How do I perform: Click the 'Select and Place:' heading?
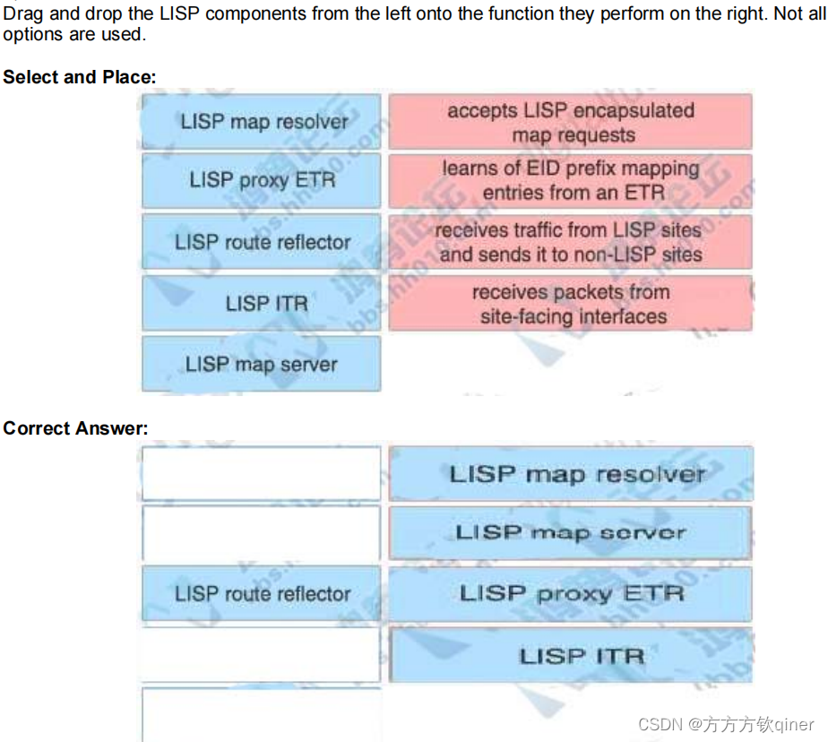point(79,77)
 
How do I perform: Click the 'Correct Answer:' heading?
point(75,428)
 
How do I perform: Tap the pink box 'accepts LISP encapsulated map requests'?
point(571,122)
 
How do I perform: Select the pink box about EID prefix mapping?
point(571,180)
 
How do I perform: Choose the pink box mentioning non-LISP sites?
point(571,242)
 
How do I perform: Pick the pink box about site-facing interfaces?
point(571,304)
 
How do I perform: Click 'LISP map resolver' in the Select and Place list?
point(262,121)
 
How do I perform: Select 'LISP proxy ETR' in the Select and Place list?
point(262,180)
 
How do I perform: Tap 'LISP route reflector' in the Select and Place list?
point(262,242)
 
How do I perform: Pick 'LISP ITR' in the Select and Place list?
point(262,304)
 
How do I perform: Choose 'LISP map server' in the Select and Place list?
point(262,364)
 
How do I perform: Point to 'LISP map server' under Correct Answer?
point(571,532)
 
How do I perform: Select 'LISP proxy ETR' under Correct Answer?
point(571,593)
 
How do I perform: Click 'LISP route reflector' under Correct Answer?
point(262,593)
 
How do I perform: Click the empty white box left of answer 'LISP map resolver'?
point(262,473)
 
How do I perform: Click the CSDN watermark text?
point(726,724)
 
